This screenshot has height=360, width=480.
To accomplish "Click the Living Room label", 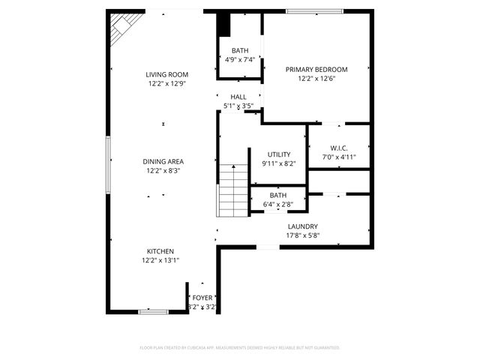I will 166,74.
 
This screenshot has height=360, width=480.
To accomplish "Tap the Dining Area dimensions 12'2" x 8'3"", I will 163,171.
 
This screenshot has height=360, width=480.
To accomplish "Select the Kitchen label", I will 160,250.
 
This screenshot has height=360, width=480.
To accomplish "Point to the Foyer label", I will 202,298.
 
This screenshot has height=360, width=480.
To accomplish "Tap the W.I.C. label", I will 337,147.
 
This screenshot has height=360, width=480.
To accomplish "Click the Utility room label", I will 278,154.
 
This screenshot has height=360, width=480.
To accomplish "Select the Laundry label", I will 302,226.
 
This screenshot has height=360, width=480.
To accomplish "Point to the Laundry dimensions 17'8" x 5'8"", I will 302,235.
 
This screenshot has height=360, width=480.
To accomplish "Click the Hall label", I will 238,97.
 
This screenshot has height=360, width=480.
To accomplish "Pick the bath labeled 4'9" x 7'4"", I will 238,55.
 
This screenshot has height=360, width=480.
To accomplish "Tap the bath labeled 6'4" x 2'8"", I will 277,199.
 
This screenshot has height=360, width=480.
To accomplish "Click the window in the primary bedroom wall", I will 314,11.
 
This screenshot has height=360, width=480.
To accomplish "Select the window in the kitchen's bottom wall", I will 153,310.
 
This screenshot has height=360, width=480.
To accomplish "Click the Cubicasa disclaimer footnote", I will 240,348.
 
